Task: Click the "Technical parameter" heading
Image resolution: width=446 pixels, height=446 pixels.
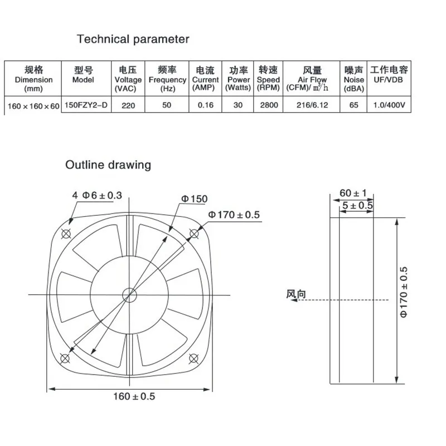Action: [x=133, y=39]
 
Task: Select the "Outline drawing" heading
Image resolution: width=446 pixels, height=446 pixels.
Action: [x=108, y=165]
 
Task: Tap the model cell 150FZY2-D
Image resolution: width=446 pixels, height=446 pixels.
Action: [x=86, y=105]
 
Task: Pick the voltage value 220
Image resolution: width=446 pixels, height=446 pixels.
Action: [x=128, y=105]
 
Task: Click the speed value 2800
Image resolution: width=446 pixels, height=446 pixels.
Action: [x=269, y=105]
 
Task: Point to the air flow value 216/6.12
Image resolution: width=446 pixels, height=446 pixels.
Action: [x=312, y=105]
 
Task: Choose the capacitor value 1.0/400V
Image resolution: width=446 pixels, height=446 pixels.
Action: [x=389, y=105]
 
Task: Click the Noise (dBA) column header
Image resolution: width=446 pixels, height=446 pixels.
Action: [x=353, y=79]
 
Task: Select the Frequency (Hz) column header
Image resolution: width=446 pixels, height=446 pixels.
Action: [x=167, y=79]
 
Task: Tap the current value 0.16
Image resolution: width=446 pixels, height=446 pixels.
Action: [x=205, y=105]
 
